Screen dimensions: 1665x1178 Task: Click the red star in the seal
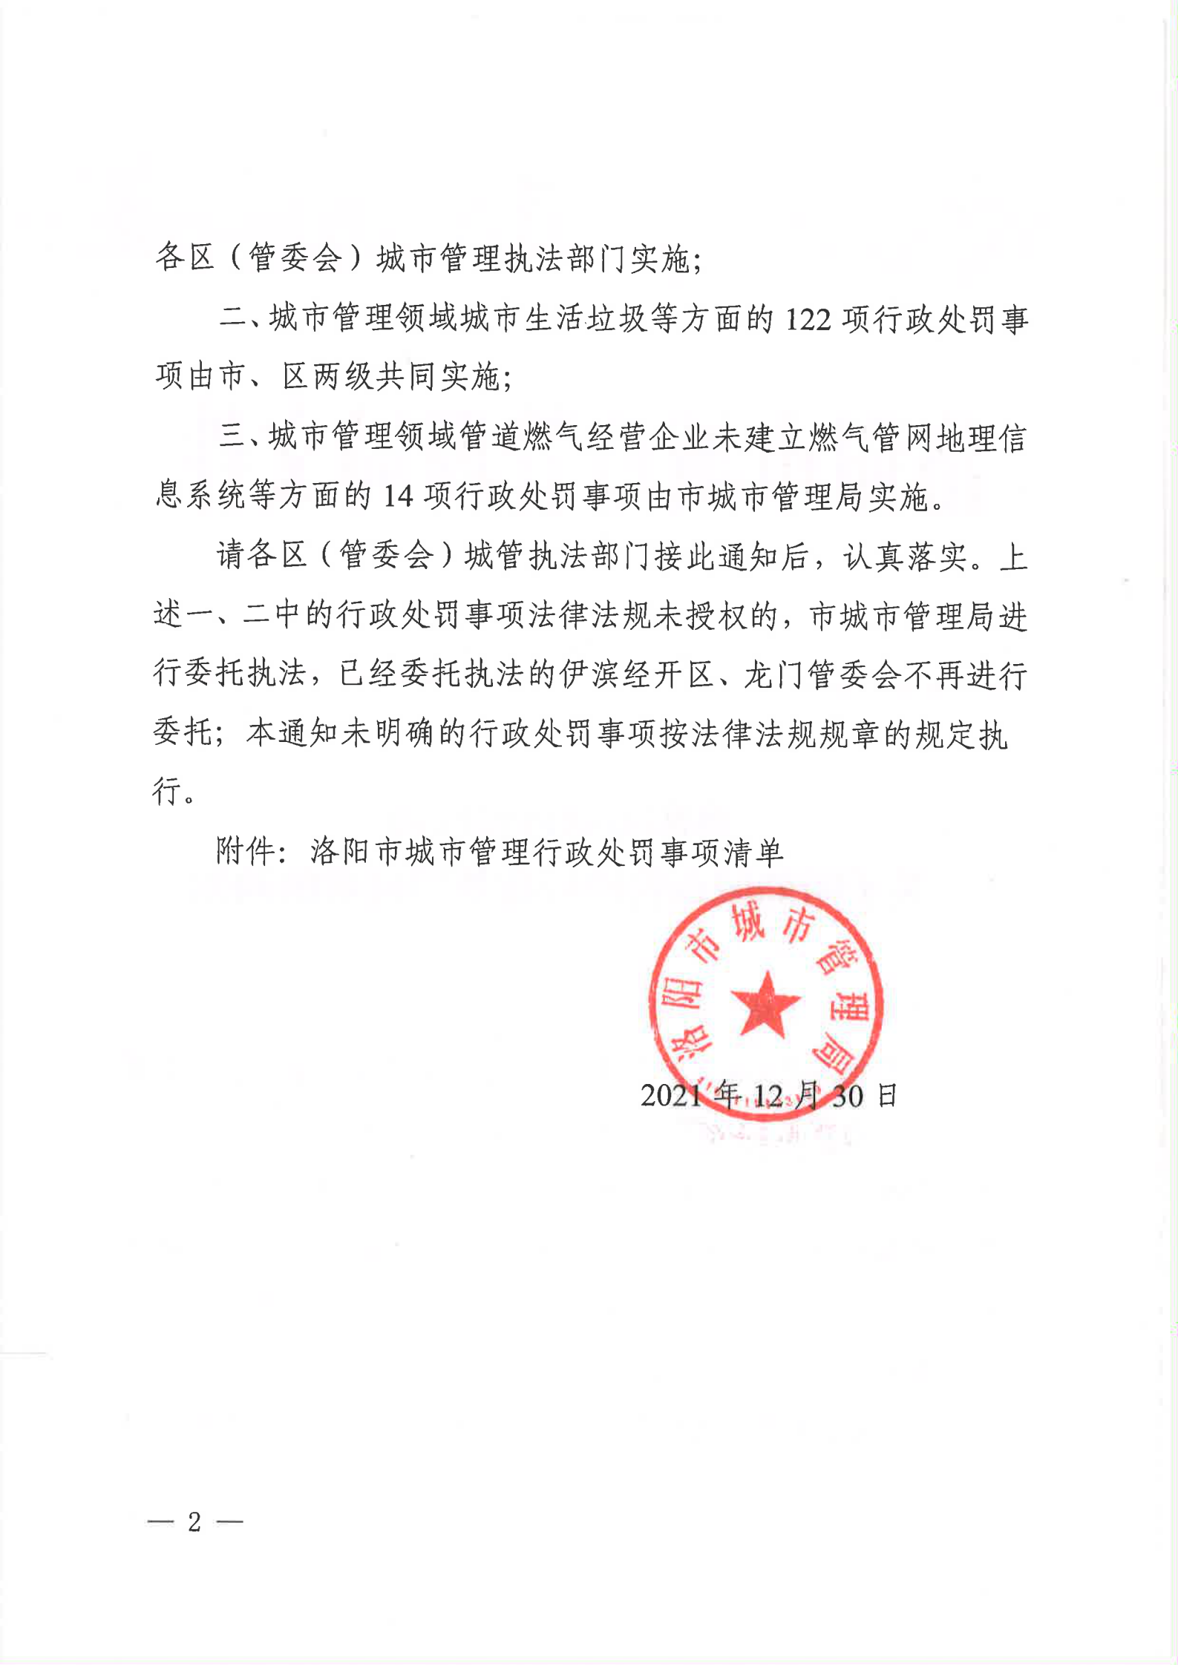click(765, 1005)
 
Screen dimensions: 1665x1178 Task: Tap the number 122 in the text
click(808, 320)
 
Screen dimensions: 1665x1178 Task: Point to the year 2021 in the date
click(671, 1096)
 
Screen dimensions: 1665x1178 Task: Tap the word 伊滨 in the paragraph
click(590, 674)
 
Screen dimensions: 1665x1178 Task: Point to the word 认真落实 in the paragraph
click(905, 556)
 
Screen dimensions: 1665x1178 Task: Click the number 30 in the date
click(847, 1096)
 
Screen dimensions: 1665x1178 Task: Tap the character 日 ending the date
click(887, 1096)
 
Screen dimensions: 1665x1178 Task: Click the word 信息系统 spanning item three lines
click(1011, 438)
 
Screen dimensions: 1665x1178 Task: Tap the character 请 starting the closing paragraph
click(232, 556)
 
